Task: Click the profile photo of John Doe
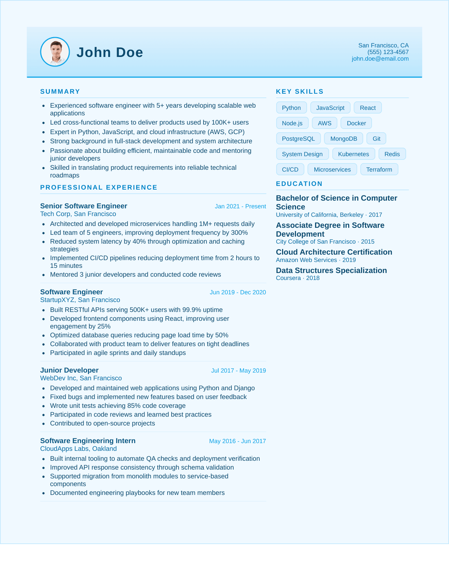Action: tap(55, 52)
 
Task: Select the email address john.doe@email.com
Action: tap(380, 59)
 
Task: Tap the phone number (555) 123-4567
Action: tap(388, 52)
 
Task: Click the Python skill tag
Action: tap(291, 108)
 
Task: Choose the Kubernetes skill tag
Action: tap(353, 154)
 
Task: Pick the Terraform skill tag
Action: tap(379, 169)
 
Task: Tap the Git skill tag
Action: tap(376, 139)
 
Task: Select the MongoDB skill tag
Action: tap(343, 139)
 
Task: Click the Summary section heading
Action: tap(60, 91)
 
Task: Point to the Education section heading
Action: tap(299, 184)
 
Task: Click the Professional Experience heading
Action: tap(99, 187)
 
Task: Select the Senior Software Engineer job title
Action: tap(84, 206)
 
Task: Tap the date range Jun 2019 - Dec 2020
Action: tap(238, 292)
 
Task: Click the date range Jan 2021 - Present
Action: tap(240, 206)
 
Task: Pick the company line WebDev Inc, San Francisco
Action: tap(81, 378)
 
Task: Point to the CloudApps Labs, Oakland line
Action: tap(79, 449)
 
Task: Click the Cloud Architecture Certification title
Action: tap(334, 252)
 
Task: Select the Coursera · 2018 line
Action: tap(297, 278)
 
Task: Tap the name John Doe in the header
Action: tap(110, 52)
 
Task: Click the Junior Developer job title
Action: tap(69, 370)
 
